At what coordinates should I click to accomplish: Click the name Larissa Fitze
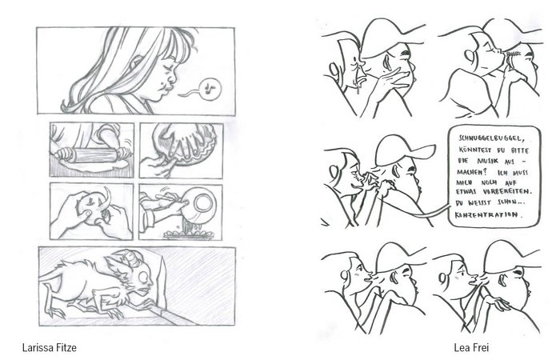pos(50,347)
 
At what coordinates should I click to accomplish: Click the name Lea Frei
pos(471,347)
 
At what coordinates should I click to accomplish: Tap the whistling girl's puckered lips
pos(164,87)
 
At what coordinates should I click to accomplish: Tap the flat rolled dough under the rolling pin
pos(94,165)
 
